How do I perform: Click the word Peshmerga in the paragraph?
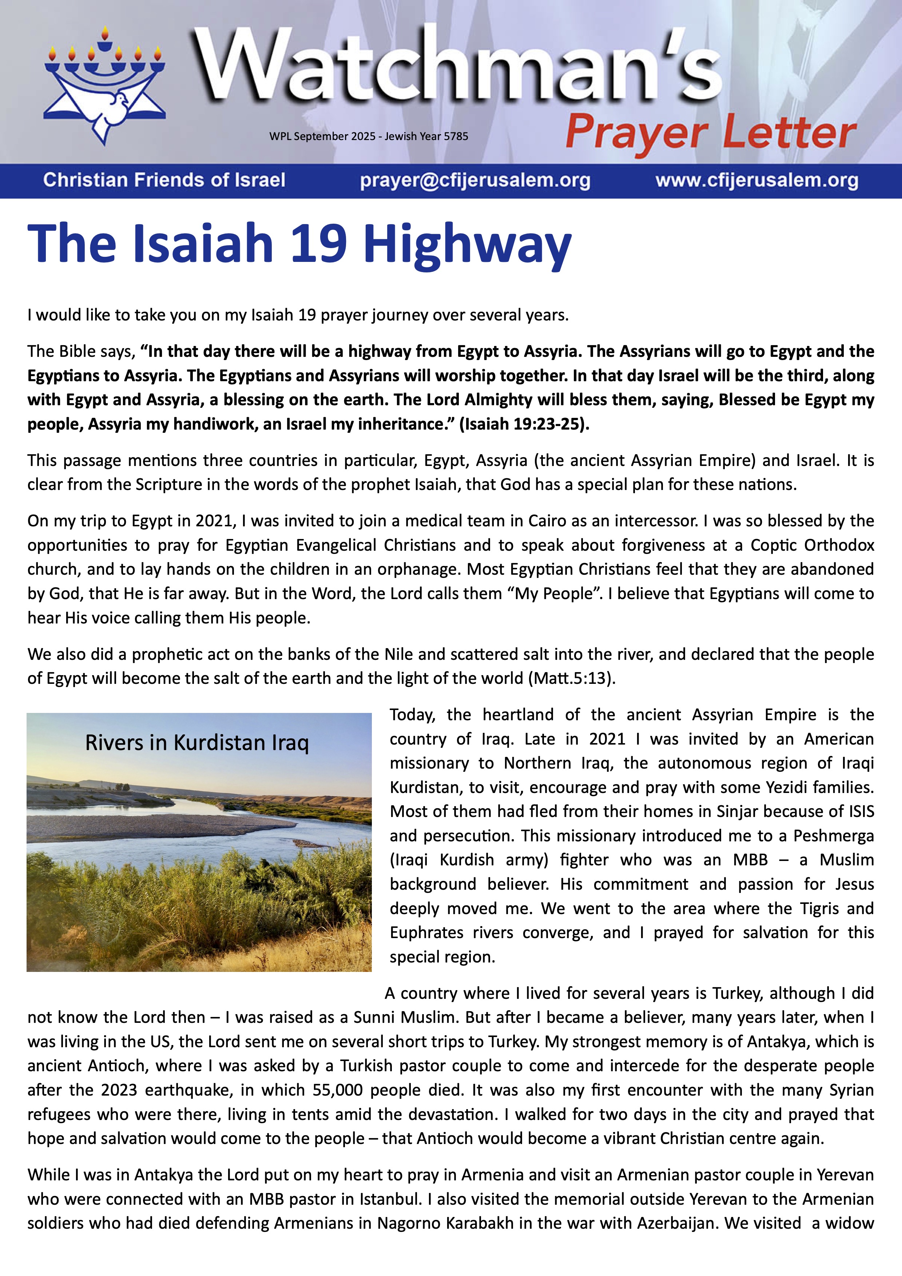[x=833, y=836]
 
